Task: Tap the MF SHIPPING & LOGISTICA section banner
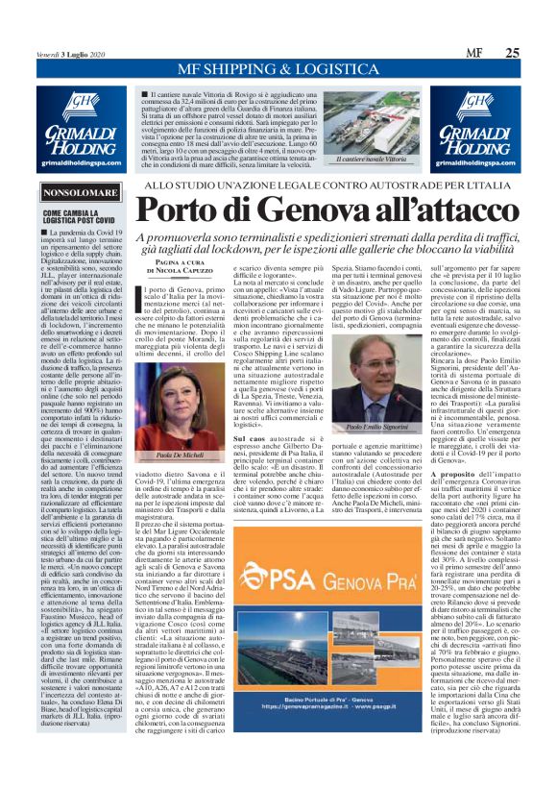278,71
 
